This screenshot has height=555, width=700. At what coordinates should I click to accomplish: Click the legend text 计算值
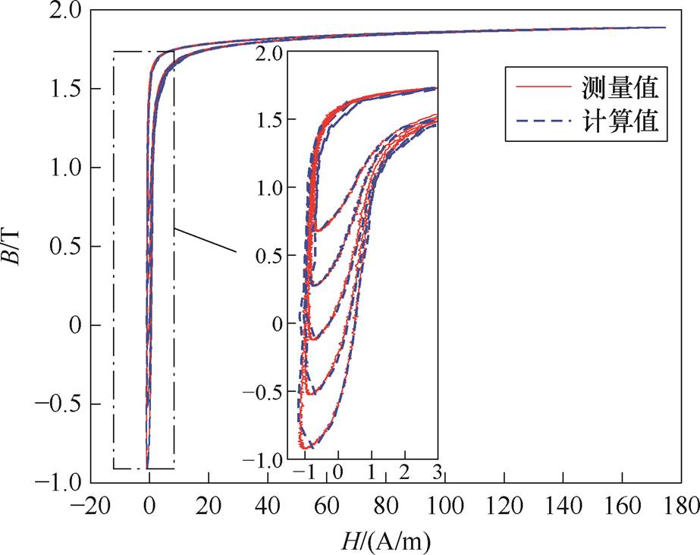tap(625, 122)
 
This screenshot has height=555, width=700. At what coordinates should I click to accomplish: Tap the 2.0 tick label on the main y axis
tap(67, 10)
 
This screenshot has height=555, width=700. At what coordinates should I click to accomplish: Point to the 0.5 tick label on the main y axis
tap(67, 246)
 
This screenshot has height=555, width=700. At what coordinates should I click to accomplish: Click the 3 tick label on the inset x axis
tap(437, 475)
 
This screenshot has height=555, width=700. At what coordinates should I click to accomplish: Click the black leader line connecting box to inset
tap(206, 239)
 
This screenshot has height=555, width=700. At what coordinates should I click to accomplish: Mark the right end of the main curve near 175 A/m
tap(664, 28)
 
